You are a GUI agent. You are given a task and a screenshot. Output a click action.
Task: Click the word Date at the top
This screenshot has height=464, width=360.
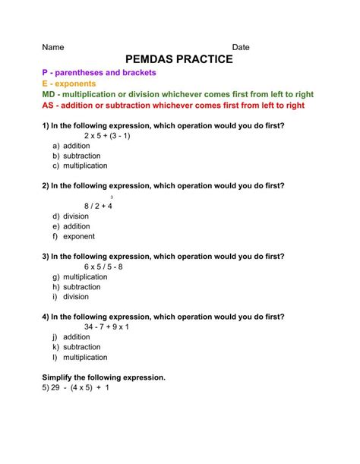click(x=241, y=47)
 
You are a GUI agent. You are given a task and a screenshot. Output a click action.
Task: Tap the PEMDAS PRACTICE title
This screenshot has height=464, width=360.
click(x=178, y=60)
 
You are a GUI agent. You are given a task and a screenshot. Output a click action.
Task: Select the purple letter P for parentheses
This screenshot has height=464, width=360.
click(x=45, y=73)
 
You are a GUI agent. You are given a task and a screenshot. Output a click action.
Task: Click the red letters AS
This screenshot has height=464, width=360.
click(x=48, y=106)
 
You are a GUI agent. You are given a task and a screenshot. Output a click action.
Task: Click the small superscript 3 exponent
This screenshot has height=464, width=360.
click(x=112, y=197)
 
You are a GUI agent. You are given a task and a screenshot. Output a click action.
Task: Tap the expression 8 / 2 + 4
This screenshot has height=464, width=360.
click(x=98, y=206)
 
